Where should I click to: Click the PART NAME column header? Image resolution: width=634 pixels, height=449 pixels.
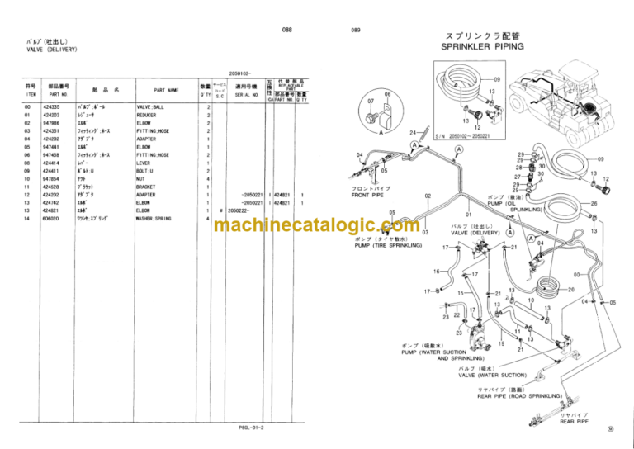pyautogui.click(x=165, y=91)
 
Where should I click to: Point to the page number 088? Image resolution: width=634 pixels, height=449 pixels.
pyautogui.click(x=287, y=30)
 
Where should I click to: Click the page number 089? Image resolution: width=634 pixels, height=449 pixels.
pyautogui.click(x=356, y=31)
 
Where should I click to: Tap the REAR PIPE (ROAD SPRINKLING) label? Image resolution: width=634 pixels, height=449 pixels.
pyautogui.click(x=519, y=396)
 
